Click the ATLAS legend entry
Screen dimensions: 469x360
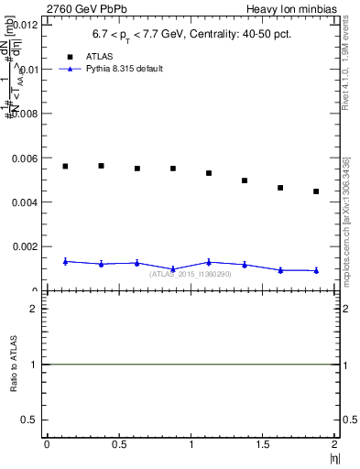99,56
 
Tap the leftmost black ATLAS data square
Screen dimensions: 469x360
65,166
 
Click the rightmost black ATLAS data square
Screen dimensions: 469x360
316,191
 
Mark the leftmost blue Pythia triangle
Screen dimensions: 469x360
65,261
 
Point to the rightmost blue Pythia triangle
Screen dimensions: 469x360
316,270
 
